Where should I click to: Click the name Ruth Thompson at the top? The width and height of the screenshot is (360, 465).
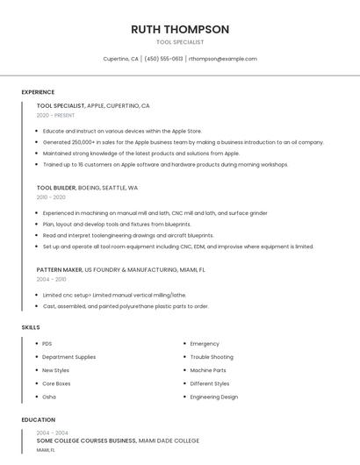[180, 29]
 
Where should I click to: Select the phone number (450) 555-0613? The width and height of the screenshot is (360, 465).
[163, 59]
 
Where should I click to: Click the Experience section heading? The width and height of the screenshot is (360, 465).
[38, 92]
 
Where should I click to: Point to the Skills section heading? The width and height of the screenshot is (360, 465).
[31, 327]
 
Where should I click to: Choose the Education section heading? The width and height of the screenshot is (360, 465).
[39, 419]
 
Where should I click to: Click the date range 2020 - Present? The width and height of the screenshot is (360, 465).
[55, 115]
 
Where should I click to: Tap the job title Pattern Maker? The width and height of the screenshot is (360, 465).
[59, 269]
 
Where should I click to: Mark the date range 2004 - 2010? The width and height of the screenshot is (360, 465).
[51, 279]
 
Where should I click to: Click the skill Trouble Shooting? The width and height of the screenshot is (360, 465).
[212, 357]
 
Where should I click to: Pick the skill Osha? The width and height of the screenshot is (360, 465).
[49, 397]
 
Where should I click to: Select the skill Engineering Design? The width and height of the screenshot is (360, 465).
[214, 397]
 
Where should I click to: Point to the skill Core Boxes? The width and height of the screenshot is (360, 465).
[56, 383]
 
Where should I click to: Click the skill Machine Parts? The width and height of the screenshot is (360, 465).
[208, 370]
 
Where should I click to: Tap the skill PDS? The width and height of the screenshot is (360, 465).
[47, 344]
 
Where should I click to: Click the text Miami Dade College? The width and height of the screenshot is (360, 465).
[169, 440]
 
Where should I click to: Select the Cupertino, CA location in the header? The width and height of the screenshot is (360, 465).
[121, 59]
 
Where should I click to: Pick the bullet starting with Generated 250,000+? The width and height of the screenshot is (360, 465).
[170, 141]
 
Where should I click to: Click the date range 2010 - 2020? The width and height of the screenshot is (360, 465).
[51, 197]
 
